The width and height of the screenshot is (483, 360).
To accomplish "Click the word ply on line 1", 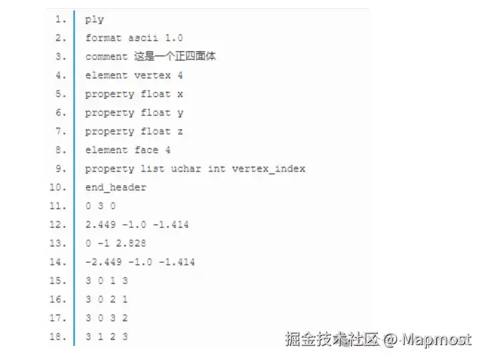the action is pyautogui.click(x=95, y=19).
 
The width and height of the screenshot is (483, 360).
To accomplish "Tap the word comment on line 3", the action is pyautogui.click(x=106, y=57).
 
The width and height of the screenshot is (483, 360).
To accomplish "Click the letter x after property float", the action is pyautogui.click(x=180, y=95).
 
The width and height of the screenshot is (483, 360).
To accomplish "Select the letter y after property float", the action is pyautogui.click(x=180, y=113).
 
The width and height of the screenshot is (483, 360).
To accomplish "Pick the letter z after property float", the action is pyautogui.click(x=180, y=132).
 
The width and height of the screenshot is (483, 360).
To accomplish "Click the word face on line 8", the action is pyautogui.click(x=146, y=150).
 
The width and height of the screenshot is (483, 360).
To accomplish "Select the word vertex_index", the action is pyautogui.click(x=268, y=169).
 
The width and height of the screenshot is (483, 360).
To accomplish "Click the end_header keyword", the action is pyautogui.click(x=115, y=188).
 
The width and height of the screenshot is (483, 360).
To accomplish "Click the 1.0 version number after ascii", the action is pyautogui.click(x=174, y=38).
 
